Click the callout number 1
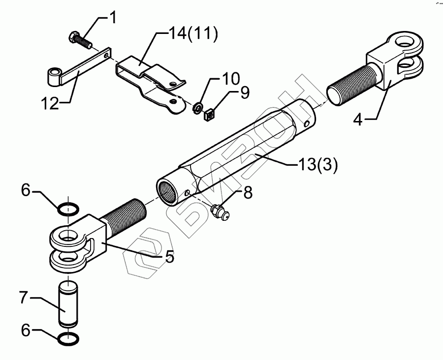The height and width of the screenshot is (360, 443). click(x=113, y=18)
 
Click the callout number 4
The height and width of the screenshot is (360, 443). click(x=359, y=119)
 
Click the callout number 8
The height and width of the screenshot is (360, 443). click(x=247, y=193)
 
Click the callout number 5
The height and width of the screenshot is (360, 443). click(x=169, y=257)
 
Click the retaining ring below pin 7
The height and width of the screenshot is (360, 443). click(x=68, y=338)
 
